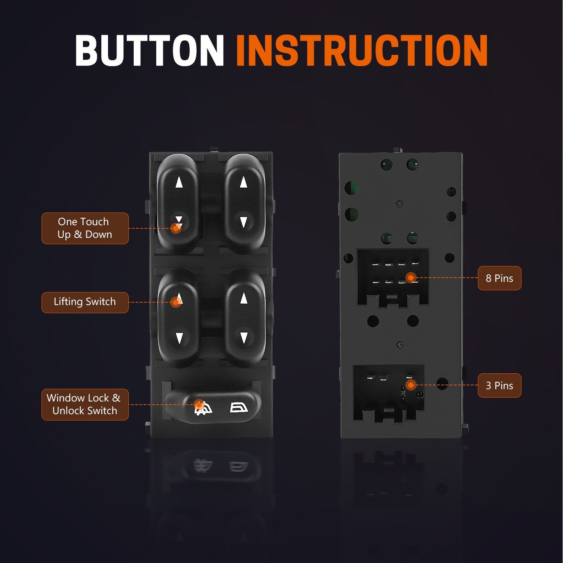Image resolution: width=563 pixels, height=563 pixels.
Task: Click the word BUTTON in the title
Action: (x=150, y=50)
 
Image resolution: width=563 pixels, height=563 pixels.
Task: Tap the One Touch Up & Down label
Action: (x=85, y=228)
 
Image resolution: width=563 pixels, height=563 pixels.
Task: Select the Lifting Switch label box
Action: (x=85, y=302)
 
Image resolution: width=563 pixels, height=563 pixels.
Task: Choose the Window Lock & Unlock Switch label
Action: (x=85, y=404)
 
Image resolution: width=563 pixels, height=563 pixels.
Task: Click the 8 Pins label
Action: (x=499, y=278)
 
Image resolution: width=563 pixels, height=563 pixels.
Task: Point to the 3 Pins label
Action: (x=499, y=385)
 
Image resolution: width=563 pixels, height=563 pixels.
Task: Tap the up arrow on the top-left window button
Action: (x=179, y=182)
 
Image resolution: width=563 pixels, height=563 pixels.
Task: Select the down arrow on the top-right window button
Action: (x=243, y=222)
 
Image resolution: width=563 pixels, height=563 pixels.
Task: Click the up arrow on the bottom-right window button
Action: (x=244, y=298)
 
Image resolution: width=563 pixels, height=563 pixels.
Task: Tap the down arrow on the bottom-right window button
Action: (x=244, y=338)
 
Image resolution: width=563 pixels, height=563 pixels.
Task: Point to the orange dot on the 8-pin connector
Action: (x=411, y=278)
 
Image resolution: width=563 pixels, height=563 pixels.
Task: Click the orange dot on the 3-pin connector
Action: (x=411, y=385)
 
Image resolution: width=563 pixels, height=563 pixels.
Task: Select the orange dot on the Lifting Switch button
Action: (x=176, y=302)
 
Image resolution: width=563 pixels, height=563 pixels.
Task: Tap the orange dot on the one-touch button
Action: (x=176, y=228)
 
